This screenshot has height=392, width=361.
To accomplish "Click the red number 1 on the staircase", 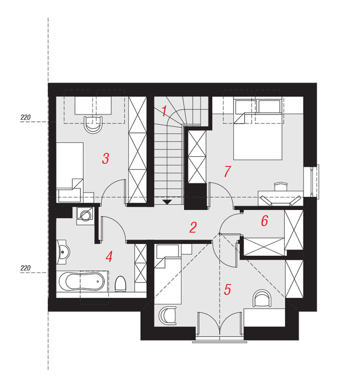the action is [x=164, y=111].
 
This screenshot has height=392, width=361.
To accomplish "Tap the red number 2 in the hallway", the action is [x=193, y=227].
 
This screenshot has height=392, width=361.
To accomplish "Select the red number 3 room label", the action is [x=106, y=158].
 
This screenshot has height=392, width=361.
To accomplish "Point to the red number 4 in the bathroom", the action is [x=109, y=257].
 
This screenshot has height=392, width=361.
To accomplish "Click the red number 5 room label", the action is [x=227, y=290].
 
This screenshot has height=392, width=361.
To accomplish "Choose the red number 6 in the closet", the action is [x=264, y=221].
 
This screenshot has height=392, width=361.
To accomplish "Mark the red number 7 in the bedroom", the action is [x=227, y=171].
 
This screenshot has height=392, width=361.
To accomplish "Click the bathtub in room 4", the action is [x=82, y=281].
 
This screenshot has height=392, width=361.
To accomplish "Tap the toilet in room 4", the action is [x=120, y=284].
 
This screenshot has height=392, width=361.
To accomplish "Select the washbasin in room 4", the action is [x=63, y=252].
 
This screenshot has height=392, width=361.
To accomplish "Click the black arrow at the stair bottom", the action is [x=167, y=202].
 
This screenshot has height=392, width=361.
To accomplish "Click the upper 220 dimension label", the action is [x=25, y=117].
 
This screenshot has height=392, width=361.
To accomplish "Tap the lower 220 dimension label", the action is [x=25, y=268].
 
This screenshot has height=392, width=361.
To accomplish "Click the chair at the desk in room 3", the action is [x=93, y=125].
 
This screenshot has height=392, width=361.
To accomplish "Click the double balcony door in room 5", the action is [x=220, y=326].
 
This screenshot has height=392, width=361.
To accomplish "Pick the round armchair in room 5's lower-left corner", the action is [x=167, y=316].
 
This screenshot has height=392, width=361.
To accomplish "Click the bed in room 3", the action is [x=70, y=172].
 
